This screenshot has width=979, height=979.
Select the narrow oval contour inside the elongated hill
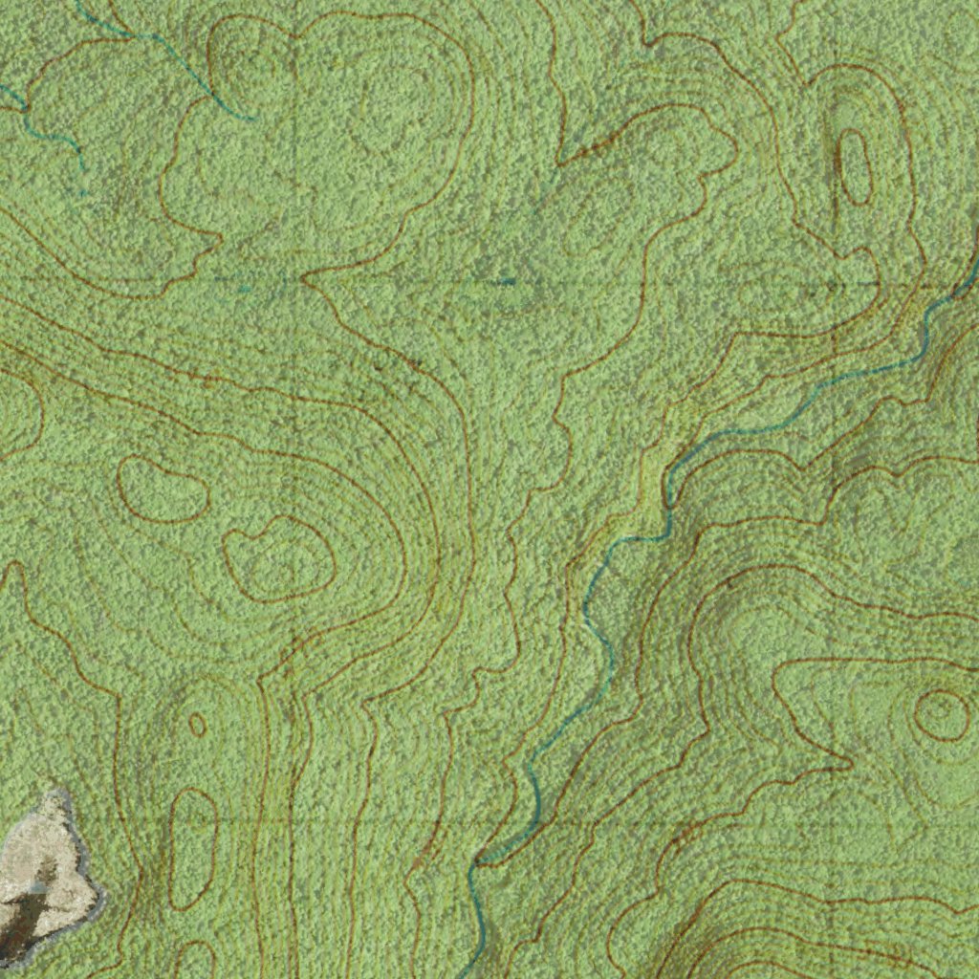coord(854,167)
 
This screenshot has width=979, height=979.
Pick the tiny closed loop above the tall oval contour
coord(197,724)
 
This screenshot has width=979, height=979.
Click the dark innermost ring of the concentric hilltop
coord(941,714)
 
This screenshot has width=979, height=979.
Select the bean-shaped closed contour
coord(163,489)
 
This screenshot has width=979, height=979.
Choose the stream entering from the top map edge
coord(163,48)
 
